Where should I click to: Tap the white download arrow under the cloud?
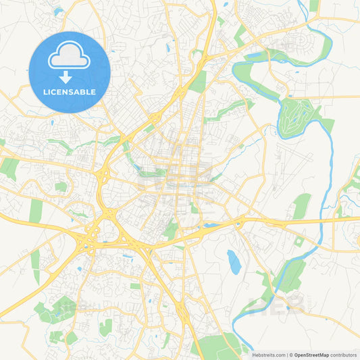(70, 78)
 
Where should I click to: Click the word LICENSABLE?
(70, 92)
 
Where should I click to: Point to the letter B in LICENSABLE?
(84, 92)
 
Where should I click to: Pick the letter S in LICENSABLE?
(72, 92)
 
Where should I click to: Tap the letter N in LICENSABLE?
(67, 92)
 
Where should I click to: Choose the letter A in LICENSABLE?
(78, 92)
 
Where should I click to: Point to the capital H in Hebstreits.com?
(255, 354)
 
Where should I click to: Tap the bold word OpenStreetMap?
(311, 354)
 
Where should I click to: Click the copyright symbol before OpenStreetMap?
(291, 354)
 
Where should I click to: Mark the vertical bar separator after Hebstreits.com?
(287, 354)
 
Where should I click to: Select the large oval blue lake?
(234, 261)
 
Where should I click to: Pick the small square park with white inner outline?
(299, 241)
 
